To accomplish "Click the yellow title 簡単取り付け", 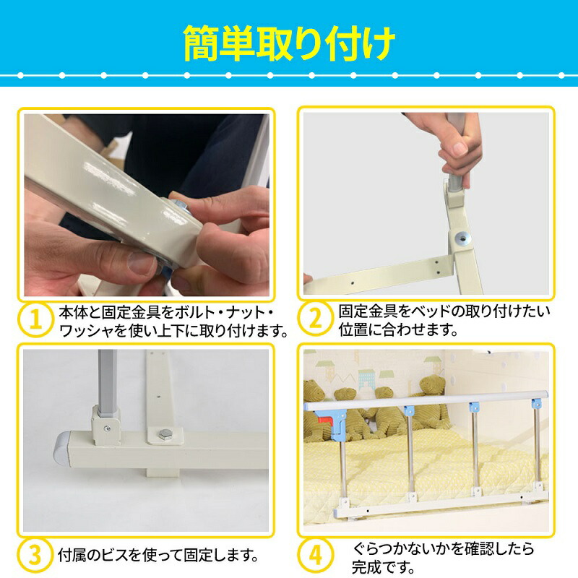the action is pyautogui.click(x=289, y=43).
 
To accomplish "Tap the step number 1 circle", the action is pyautogui.click(x=35, y=319).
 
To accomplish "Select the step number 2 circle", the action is pyautogui.click(x=316, y=318).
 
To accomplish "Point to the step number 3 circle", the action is pyautogui.click(x=35, y=554).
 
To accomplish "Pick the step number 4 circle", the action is pyautogui.click(x=316, y=555).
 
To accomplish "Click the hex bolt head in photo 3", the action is pyautogui.click(x=165, y=435).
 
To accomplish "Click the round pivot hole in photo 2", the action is pyautogui.click(x=462, y=238).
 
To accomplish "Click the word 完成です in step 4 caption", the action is pyautogui.click(x=384, y=567).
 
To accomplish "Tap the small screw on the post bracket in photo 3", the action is pyautogui.click(x=107, y=428).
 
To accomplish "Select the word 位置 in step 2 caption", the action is pyautogui.click(x=353, y=329).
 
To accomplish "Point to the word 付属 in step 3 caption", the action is pyautogui.click(x=72, y=555).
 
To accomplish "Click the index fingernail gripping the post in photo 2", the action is pyautogui.click(x=460, y=149).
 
